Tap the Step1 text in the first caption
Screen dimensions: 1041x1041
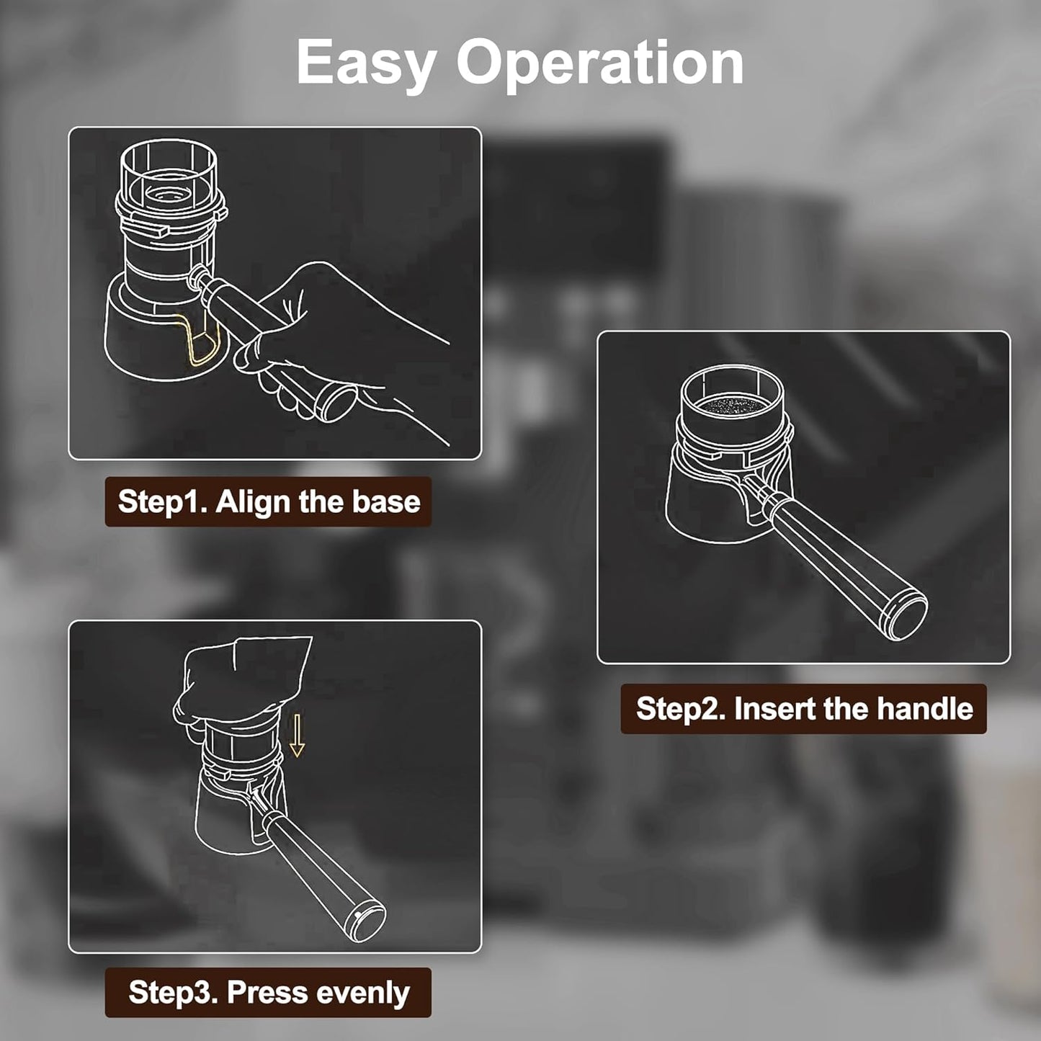[163, 502]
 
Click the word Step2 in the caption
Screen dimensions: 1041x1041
[682, 709]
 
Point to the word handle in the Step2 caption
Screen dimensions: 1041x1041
[925, 708]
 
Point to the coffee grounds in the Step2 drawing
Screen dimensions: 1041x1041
[731, 405]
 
